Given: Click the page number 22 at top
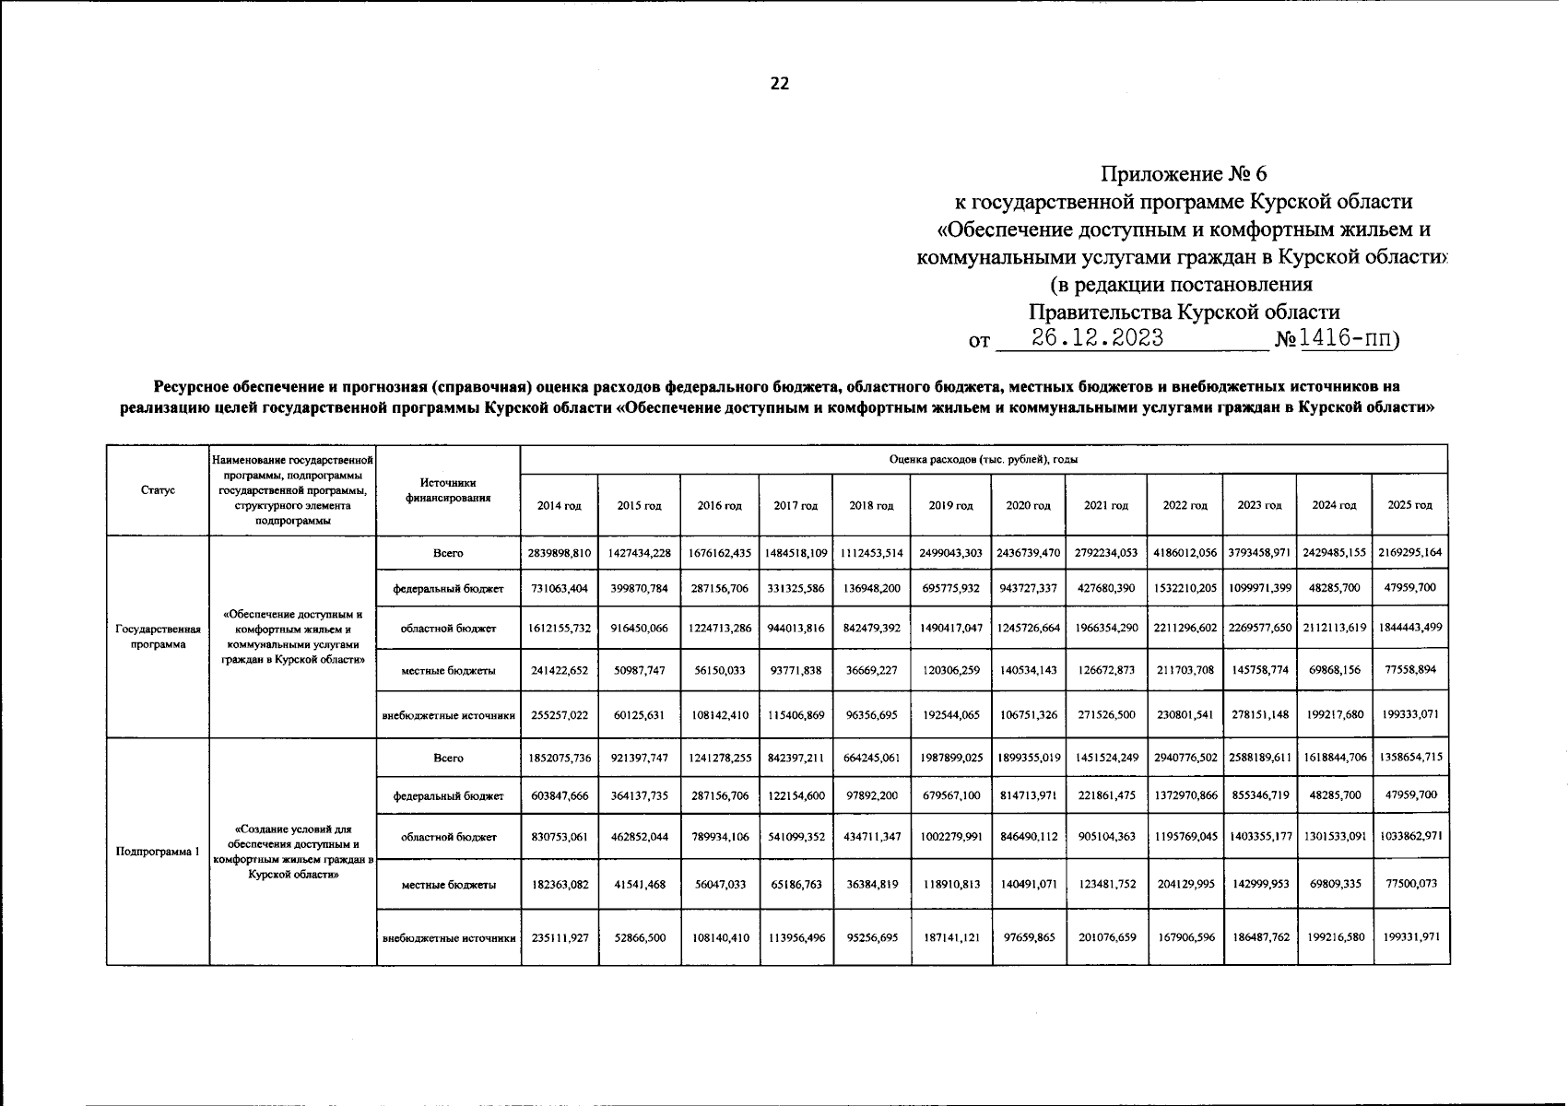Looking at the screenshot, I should tap(779, 84).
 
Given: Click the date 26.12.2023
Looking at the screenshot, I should tap(1097, 338).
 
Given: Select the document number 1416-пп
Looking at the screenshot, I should tap(1346, 338).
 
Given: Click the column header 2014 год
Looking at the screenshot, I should tap(560, 505).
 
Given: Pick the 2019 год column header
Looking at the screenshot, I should tap(950, 505).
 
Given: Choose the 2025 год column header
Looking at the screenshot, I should tap(1409, 505).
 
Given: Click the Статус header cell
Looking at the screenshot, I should tap(158, 490).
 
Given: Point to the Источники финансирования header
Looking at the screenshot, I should tap(448, 490).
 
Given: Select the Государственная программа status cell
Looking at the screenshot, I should tap(158, 637).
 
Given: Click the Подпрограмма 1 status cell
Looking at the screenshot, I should tap(158, 852).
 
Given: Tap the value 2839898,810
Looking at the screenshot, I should tap(560, 553).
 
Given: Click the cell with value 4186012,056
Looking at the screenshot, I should tap(1185, 553).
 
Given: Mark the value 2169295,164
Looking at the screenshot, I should tap(1409, 553).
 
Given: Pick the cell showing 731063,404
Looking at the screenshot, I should tap(560, 588).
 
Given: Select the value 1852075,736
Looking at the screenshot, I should tap(560, 758).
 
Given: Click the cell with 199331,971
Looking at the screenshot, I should tap(1409, 937).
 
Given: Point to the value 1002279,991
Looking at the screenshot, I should tap(950, 837).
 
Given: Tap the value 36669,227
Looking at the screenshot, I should tap(871, 670).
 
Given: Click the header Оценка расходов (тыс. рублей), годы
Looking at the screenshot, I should tap(984, 459).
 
